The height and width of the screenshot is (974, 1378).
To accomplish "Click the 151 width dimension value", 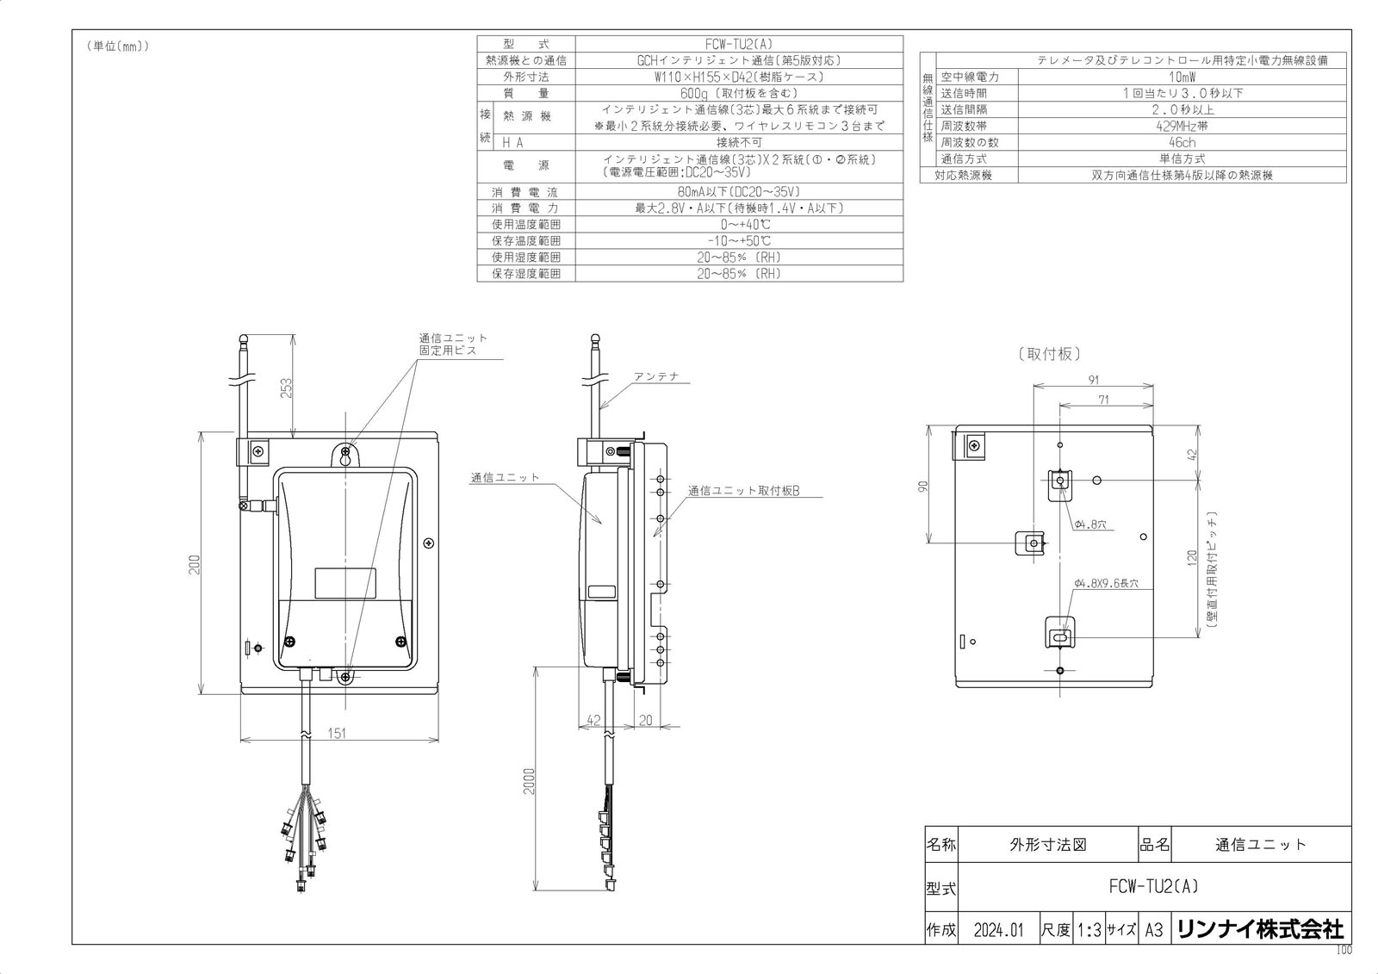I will click(338, 733).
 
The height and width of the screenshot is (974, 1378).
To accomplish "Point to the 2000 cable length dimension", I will click(528, 781).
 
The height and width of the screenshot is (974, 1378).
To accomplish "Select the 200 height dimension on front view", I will click(195, 563).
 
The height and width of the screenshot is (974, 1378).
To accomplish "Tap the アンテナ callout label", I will click(656, 377).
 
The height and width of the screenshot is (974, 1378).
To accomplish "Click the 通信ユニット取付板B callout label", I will click(744, 491).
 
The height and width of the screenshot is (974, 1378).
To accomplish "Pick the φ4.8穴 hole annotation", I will click(1091, 524).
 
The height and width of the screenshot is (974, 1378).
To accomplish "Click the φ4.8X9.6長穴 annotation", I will click(1106, 584).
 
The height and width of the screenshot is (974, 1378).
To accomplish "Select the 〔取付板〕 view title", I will click(1048, 354).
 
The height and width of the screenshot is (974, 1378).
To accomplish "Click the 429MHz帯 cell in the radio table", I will click(1181, 126).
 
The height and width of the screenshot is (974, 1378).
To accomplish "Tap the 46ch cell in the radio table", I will click(1181, 142).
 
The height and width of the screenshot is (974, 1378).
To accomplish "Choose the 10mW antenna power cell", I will click(1181, 77).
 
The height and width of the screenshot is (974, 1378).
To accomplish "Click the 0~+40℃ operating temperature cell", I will click(738, 224).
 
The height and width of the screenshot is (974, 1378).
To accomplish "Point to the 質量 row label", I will click(525, 93).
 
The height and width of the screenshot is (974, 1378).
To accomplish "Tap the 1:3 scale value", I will click(1089, 930).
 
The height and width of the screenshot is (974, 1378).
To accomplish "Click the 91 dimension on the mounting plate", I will click(1093, 380).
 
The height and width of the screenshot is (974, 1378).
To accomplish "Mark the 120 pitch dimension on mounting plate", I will click(1193, 557).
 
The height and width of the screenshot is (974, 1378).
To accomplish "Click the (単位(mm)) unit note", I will click(118, 47).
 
